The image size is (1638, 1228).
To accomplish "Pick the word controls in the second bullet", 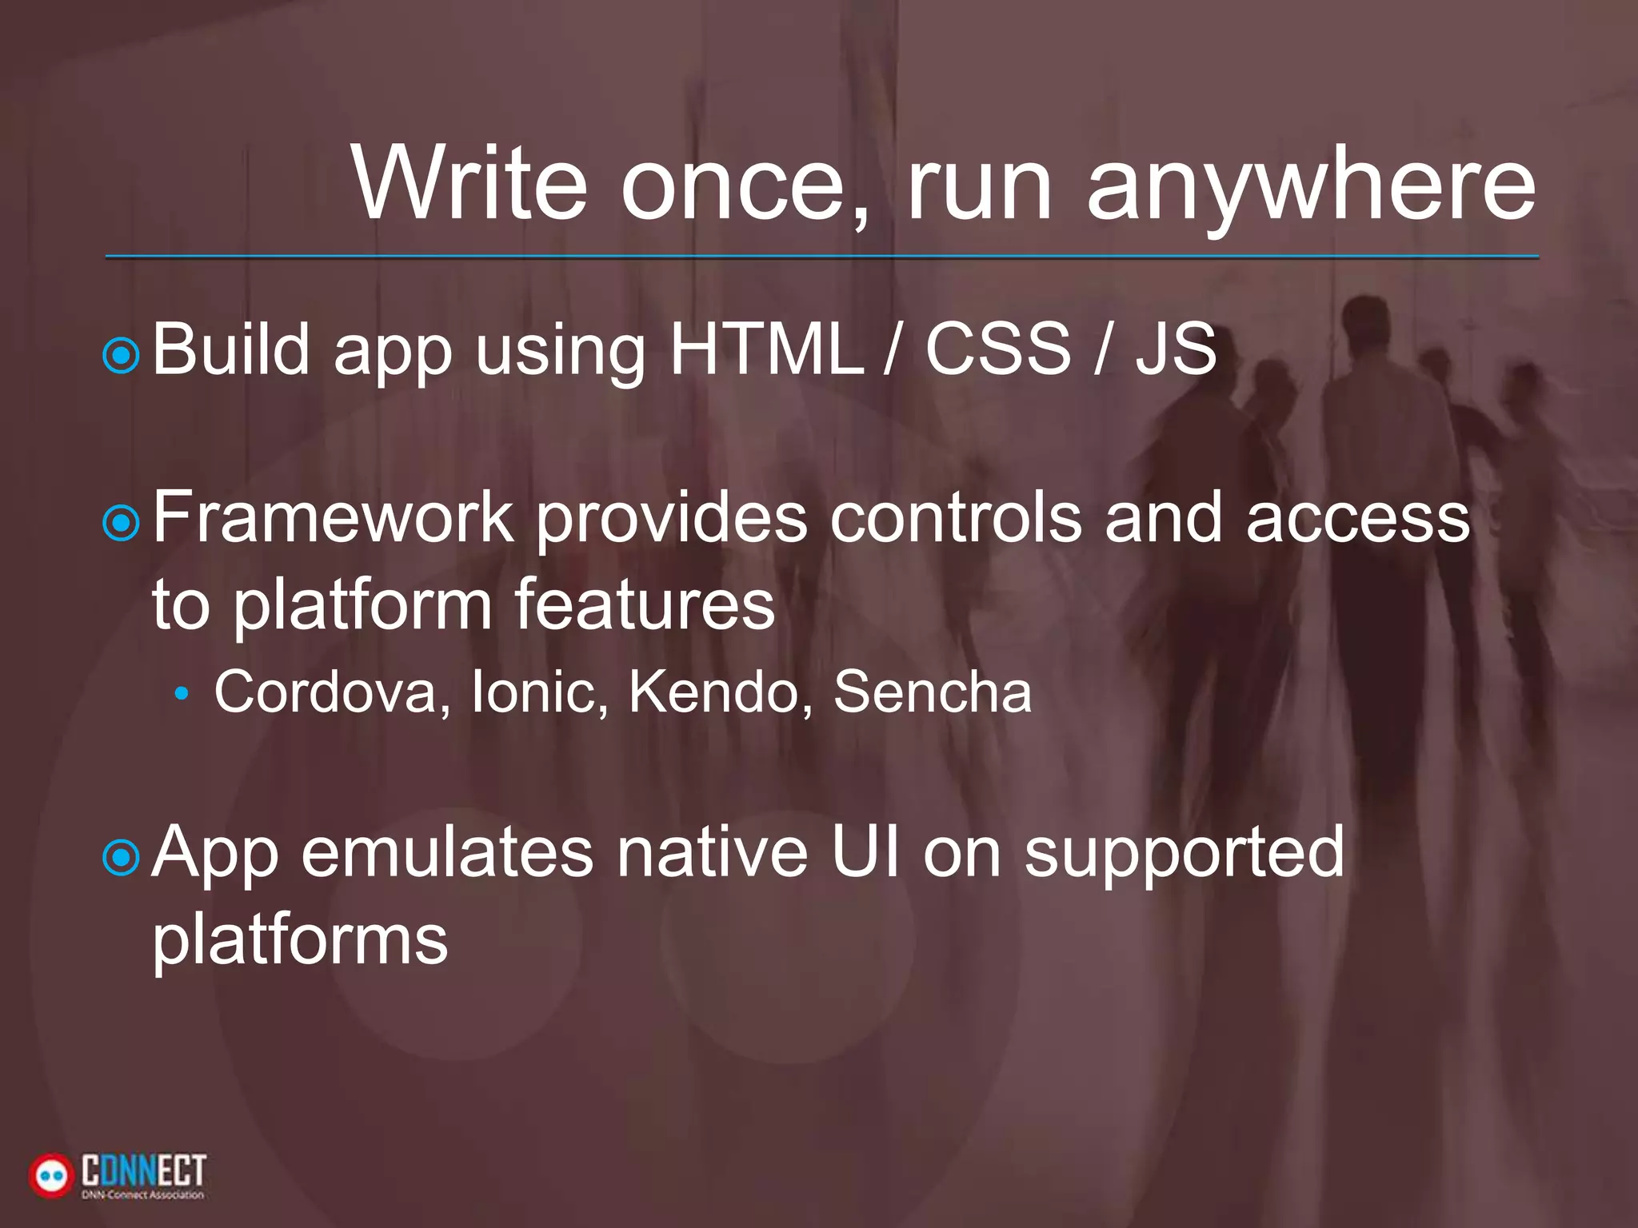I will tap(955, 517).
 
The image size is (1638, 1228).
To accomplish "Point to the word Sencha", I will tap(933, 692).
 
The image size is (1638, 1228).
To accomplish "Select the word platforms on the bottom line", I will tap(300, 939).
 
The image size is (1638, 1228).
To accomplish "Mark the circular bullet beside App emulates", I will tap(122, 859).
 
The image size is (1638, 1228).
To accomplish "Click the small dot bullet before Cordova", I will tap(182, 693).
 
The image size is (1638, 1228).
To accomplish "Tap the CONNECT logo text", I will tap(143, 1171).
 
